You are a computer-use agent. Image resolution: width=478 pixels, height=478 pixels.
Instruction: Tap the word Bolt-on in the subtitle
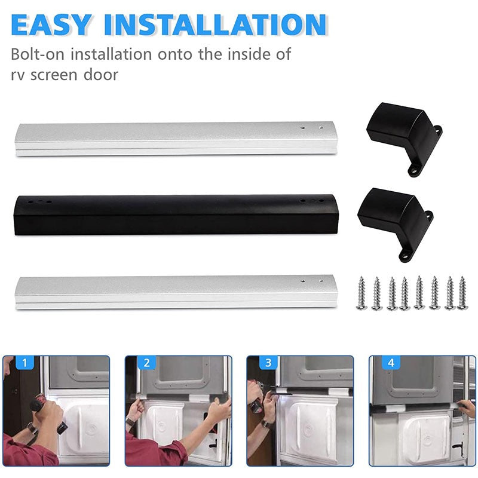[38, 54]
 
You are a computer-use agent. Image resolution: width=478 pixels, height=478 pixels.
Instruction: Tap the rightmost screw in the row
[462, 293]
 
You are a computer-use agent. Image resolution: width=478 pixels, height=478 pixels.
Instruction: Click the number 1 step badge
[24, 363]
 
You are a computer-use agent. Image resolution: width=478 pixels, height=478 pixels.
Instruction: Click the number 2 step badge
[146, 363]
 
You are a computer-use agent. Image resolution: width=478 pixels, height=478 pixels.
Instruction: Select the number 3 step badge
[268, 363]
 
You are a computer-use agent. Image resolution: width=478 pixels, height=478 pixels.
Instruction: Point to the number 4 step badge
[390, 363]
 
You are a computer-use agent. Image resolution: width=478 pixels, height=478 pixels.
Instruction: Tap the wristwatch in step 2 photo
[130, 422]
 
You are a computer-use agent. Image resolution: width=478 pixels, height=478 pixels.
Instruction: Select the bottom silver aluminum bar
[173, 291]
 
